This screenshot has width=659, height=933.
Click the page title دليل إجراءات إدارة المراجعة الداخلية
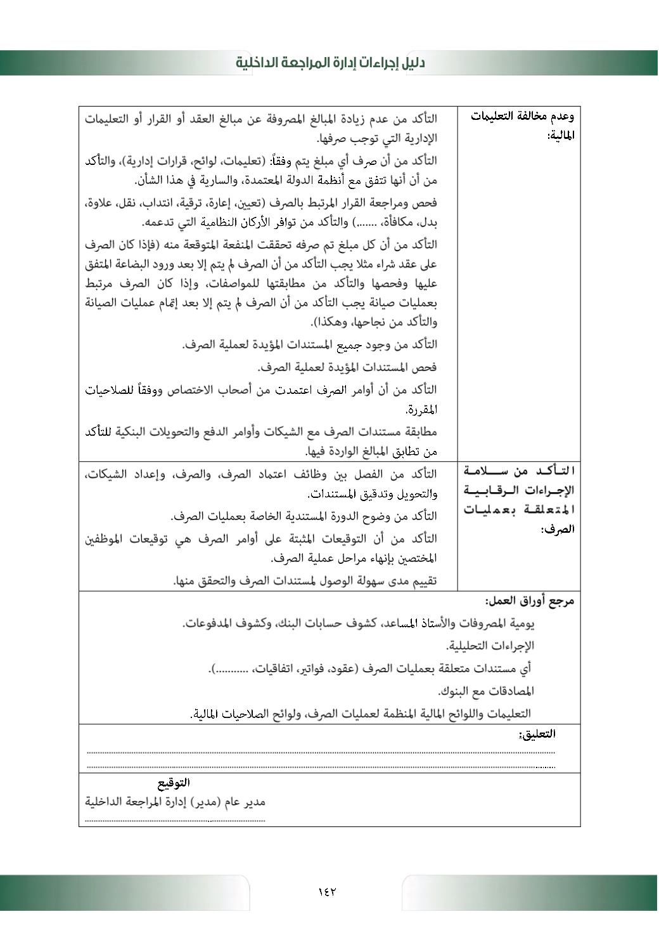tap(330, 63)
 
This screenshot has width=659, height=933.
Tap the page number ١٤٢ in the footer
tap(327, 891)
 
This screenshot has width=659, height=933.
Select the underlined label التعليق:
tap(537, 734)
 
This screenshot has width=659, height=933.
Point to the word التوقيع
tap(174, 783)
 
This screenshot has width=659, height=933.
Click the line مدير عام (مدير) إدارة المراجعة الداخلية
tap(176, 802)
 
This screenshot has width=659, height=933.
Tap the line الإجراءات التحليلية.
tap(490, 646)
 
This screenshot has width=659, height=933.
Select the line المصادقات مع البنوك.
tap(486, 691)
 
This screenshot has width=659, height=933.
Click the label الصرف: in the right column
tap(558, 529)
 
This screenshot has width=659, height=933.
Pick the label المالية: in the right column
tap(561, 135)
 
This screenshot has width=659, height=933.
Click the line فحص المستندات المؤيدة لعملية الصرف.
tap(347, 367)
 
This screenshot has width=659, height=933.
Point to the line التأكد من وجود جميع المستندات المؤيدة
tap(310, 345)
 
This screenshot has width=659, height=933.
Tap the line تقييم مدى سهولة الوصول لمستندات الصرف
tap(305, 581)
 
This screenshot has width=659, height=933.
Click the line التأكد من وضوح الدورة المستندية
tap(304, 516)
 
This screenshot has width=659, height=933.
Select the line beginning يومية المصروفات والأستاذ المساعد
tap(359, 623)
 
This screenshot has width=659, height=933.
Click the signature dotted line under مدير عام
tap(176, 821)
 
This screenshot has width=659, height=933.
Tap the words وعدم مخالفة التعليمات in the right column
tap(523, 116)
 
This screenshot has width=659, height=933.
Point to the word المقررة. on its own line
tap(421, 410)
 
